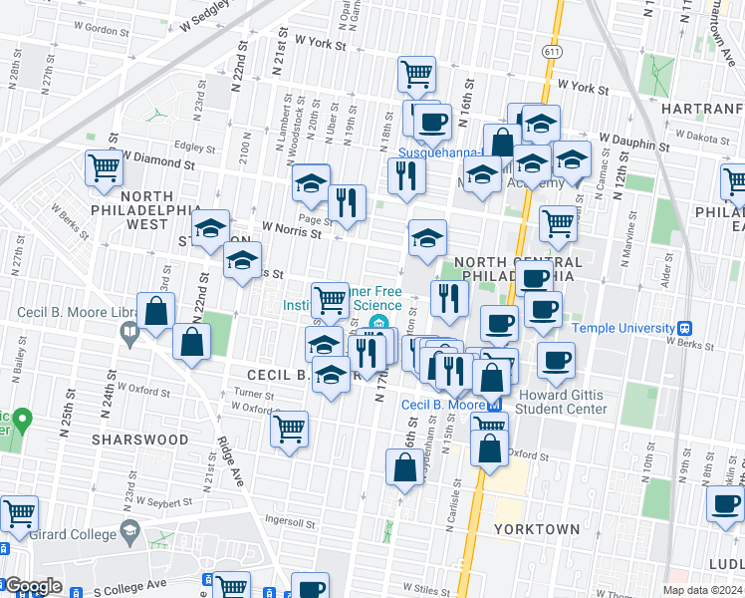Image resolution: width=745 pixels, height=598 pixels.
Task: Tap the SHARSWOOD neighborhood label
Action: tap(140, 440)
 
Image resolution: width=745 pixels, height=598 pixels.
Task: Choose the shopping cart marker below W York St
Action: tap(416, 72)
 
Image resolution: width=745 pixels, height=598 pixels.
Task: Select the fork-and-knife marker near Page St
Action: tap(347, 201)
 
